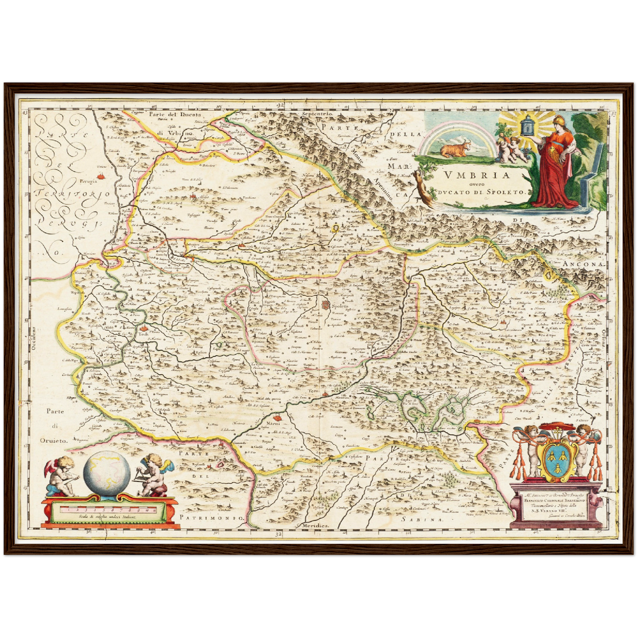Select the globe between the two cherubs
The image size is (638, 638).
107,471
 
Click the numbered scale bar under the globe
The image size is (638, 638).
108,510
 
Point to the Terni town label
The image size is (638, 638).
313,392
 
